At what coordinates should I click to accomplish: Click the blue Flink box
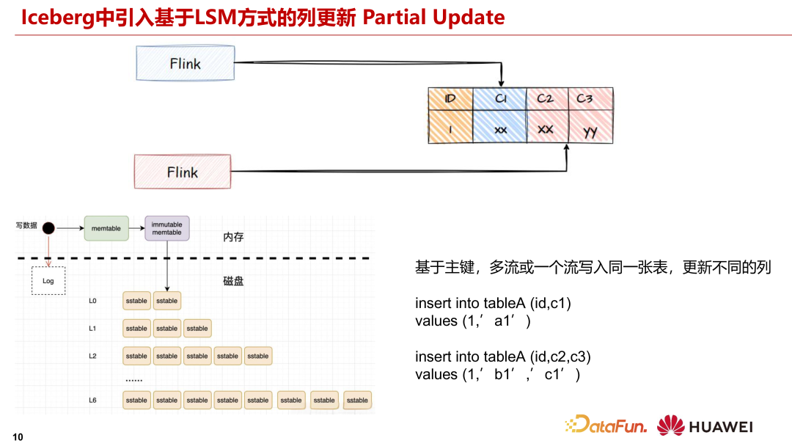186,63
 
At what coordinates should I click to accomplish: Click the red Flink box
182,172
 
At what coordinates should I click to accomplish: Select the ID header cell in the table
450,99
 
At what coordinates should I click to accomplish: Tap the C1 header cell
500,99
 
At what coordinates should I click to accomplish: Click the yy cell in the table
590,131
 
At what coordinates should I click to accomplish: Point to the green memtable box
106,229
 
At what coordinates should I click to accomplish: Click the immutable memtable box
166,228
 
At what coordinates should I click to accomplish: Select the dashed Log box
48,281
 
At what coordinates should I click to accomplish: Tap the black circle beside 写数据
48,228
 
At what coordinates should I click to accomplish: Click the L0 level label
92,301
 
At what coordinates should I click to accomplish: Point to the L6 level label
92,401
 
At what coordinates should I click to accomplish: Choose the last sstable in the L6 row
357,401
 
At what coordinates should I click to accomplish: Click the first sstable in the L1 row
136,329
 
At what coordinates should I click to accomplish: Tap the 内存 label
233,237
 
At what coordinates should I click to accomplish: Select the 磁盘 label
233,281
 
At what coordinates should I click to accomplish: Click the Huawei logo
705,425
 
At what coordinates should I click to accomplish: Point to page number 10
18,437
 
